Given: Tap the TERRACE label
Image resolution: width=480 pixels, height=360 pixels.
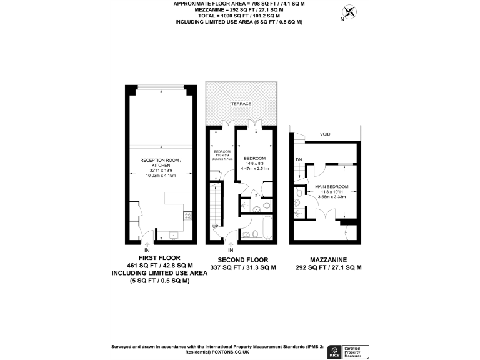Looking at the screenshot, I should [241, 103].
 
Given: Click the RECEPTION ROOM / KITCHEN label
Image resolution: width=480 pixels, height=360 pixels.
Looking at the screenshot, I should [160, 162].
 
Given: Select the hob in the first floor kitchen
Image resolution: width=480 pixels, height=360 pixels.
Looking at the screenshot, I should [187, 216].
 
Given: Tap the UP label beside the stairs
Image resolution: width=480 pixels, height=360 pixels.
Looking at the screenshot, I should [216, 226].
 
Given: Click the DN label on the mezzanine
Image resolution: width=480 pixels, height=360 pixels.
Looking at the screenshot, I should [299, 159].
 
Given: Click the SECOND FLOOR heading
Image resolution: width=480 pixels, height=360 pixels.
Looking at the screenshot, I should [243, 259].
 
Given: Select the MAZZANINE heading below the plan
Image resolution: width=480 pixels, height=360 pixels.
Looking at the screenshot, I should [328, 259].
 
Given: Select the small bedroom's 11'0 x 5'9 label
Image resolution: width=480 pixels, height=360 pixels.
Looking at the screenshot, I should [223, 155].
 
